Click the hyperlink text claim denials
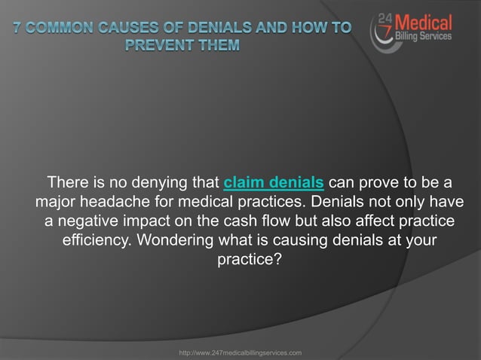[x=274, y=182]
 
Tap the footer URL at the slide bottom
[x=239, y=352]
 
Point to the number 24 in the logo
[x=384, y=20]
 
